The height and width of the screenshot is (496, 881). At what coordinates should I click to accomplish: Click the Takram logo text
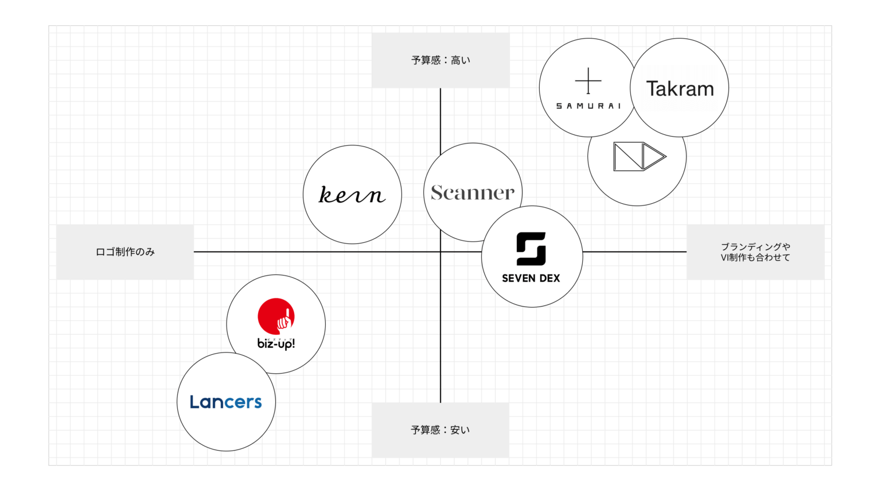(680, 89)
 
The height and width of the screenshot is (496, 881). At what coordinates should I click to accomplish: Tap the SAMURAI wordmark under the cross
(588, 106)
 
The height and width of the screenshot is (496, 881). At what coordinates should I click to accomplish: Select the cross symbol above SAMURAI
(588, 81)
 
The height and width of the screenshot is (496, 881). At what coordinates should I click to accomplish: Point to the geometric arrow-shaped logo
(639, 156)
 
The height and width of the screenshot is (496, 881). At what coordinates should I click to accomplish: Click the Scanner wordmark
(473, 193)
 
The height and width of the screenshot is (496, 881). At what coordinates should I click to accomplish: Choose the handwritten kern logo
(352, 195)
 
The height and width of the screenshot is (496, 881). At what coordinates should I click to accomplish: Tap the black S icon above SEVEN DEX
(531, 249)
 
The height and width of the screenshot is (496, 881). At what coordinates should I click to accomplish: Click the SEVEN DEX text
(531, 278)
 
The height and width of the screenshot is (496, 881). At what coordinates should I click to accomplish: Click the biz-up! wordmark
(276, 344)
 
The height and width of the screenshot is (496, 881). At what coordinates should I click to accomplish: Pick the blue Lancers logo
(226, 402)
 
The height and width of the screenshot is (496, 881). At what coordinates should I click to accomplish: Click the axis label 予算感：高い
(440, 60)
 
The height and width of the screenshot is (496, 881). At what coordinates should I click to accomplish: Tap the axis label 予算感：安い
(440, 430)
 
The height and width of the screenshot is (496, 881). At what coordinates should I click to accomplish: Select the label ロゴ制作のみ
(125, 252)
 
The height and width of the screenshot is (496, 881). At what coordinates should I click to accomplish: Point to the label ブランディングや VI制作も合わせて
(755, 252)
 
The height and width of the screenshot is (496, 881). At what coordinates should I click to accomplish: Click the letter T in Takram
(652, 89)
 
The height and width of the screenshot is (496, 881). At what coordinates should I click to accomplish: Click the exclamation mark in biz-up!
(293, 344)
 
